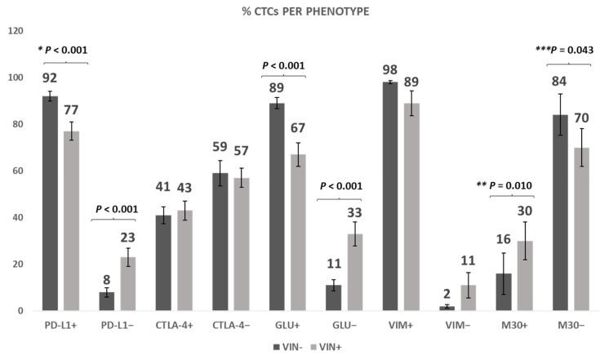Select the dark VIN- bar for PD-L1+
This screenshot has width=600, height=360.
coord(51,203)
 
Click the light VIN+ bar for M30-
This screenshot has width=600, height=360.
coord(584,229)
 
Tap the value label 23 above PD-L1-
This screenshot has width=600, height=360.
coord(128,238)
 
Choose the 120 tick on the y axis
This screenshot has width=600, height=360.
coord(15,31)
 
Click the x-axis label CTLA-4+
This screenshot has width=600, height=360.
coord(175,326)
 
